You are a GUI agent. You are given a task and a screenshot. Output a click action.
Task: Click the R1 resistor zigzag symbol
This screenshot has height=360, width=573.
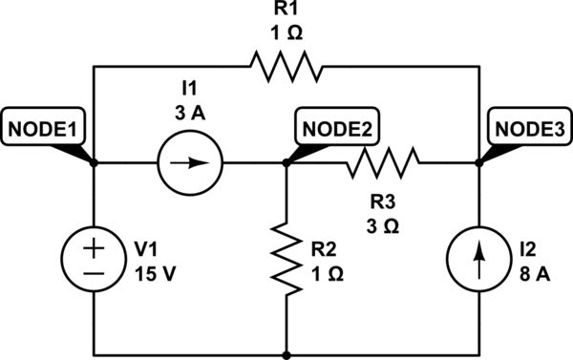click(286, 67)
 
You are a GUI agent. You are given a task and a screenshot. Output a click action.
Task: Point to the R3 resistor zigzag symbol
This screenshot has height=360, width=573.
click(381, 162)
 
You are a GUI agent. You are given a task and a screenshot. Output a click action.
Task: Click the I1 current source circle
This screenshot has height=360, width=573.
click(190, 162)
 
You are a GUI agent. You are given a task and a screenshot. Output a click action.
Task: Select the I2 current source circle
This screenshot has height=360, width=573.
click(477, 258)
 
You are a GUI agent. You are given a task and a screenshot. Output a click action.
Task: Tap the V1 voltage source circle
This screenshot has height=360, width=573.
click(95, 258)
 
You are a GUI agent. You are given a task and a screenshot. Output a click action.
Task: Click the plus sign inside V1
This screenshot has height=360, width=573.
click(95, 245)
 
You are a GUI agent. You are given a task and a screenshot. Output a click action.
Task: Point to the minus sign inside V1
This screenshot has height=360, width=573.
click(95, 272)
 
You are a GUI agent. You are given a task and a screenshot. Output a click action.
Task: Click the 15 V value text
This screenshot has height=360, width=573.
click(155, 269)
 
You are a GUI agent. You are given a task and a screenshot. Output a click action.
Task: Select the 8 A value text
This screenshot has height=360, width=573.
click(531, 269)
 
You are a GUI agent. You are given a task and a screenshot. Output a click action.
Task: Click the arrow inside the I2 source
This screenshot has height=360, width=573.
click(477, 258)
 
